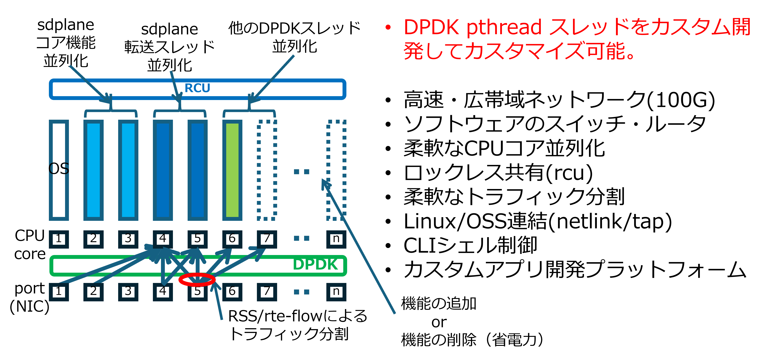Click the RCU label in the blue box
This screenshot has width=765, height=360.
[197, 88]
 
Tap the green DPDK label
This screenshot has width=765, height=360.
[315, 264]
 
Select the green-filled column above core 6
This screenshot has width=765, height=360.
[232, 170]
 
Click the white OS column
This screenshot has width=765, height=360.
[59, 170]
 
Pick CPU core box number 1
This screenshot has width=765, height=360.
[59, 239]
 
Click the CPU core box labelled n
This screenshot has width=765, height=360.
[336, 239]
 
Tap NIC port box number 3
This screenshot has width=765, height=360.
[128, 292]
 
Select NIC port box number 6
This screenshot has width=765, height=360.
[232, 292]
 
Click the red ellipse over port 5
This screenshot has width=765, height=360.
[197, 279]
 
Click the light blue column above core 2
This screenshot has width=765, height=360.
[94, 170]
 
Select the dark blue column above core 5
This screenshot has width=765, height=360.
[198, 170]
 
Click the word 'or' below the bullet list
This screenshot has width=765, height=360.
[439, 322]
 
